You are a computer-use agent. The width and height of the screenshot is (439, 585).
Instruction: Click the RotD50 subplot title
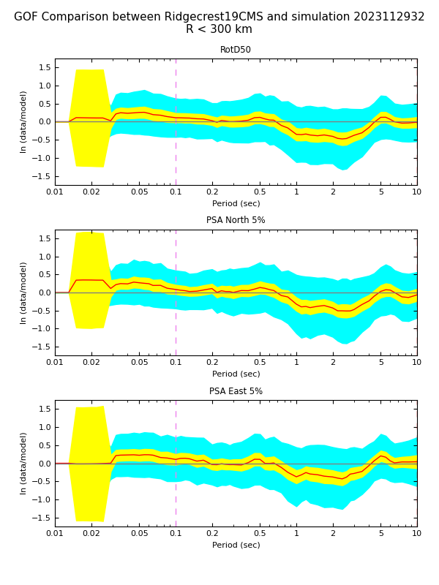(x=236, y=50)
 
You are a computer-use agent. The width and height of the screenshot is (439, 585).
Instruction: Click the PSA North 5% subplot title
(x=236, y=220)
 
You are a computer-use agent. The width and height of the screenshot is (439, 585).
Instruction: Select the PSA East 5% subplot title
(x=236, y=391)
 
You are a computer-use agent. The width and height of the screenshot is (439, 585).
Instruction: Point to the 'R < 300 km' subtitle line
(x=219, y=30)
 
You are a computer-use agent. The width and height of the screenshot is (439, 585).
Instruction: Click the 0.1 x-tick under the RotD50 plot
(x=176, y=192)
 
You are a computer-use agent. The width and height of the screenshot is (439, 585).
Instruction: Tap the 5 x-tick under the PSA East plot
(x=380, y=533)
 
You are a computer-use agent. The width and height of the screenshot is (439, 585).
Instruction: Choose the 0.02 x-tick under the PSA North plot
(x=91, y=362)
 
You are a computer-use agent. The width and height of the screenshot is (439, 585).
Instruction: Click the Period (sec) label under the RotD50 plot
(x=236, y=203)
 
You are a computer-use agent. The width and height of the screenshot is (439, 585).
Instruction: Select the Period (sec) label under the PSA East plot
(x=236, y=545)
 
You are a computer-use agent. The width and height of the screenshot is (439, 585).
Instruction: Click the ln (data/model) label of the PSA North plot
(x=23, y=292)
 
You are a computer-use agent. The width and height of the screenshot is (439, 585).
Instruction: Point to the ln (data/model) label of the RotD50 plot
(x=23, y=121)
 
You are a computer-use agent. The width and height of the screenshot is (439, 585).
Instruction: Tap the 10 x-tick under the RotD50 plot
(x=416, y=192)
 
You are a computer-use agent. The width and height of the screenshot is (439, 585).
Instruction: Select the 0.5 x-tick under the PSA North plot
(x=260, y=362)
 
